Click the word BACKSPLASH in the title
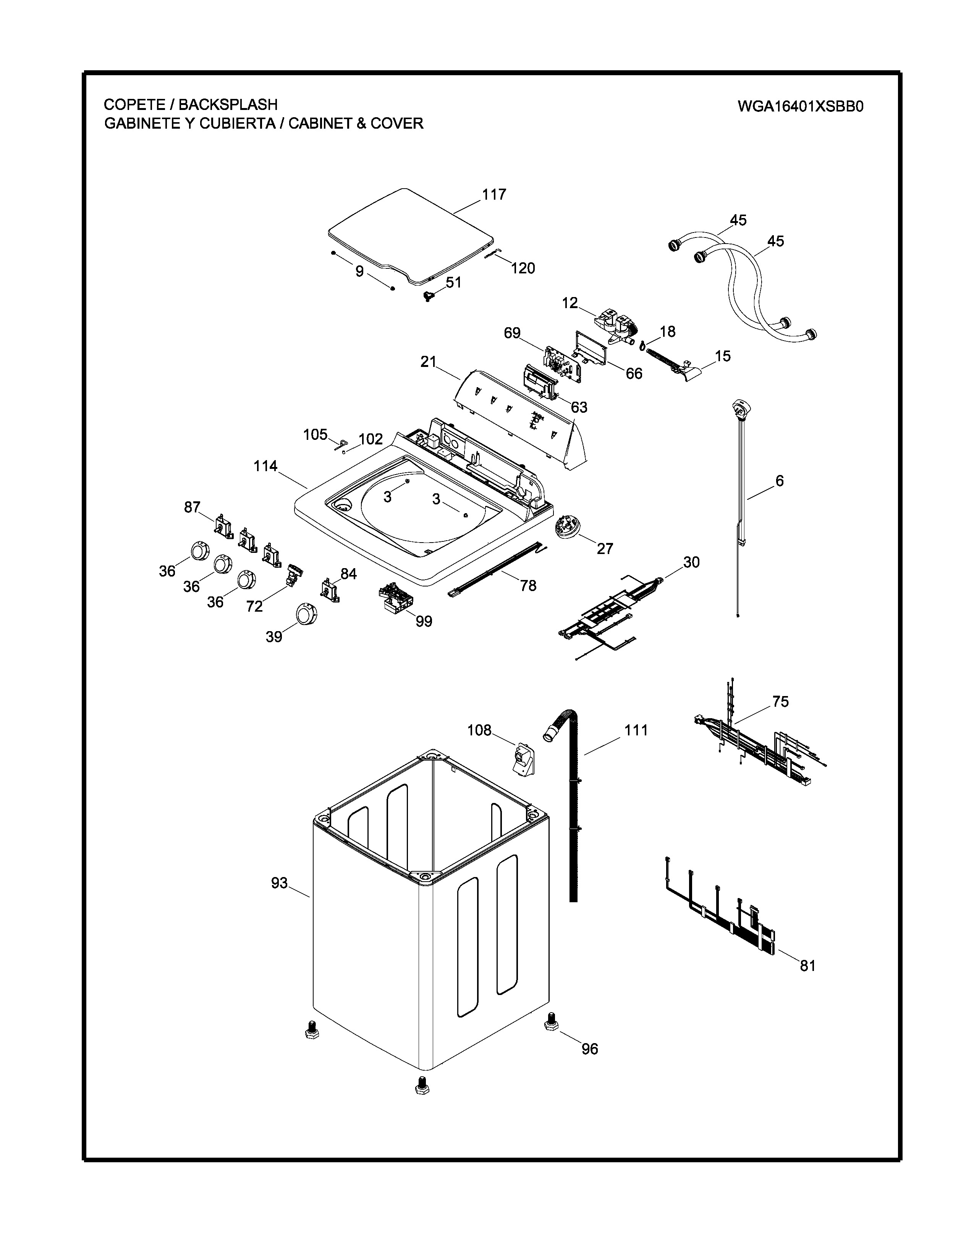click(228, 104)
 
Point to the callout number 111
click(636, 730)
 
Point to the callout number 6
click(780, 481)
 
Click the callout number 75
click(780, 701)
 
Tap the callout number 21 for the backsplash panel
click(428, 362)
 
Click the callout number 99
click(424, 621)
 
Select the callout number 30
click(691, 562)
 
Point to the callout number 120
click(523, 268)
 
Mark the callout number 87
click(192, 507)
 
